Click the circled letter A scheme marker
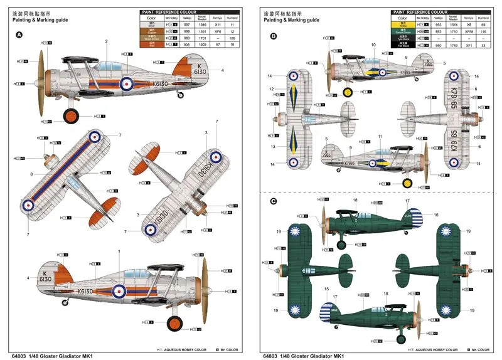pos(19,36)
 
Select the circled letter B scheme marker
pos(273,36)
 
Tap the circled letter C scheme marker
pos(273,201)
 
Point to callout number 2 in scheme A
pos(107,41)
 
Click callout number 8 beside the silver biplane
pos(31,174)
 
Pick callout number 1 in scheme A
pos(119,251)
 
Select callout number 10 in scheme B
pos(373,45)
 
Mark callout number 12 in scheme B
pos(271,89)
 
